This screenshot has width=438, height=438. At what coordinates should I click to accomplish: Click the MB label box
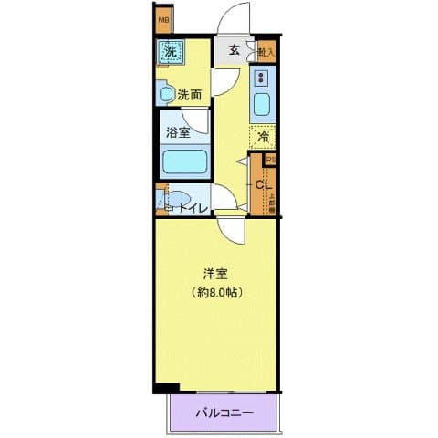tap(163, 19)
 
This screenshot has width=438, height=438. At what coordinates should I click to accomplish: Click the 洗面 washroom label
tap(190, 93)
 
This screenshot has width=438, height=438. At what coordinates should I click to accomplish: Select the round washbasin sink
tap(167, 93)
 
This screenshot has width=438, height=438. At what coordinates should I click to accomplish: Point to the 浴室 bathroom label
tap(178, 132)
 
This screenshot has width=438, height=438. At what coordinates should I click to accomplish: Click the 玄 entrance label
tap(234, 51)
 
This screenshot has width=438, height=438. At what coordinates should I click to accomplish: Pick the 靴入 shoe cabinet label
tap(266, 53)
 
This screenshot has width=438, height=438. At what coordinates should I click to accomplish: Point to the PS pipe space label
tap(269, 159)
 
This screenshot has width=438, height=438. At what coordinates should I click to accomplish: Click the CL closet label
tap(262, 186)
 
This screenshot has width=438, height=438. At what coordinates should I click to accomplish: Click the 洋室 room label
tap(215, 273)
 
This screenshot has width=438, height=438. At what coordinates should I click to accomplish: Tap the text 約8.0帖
tap(217, 293)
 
